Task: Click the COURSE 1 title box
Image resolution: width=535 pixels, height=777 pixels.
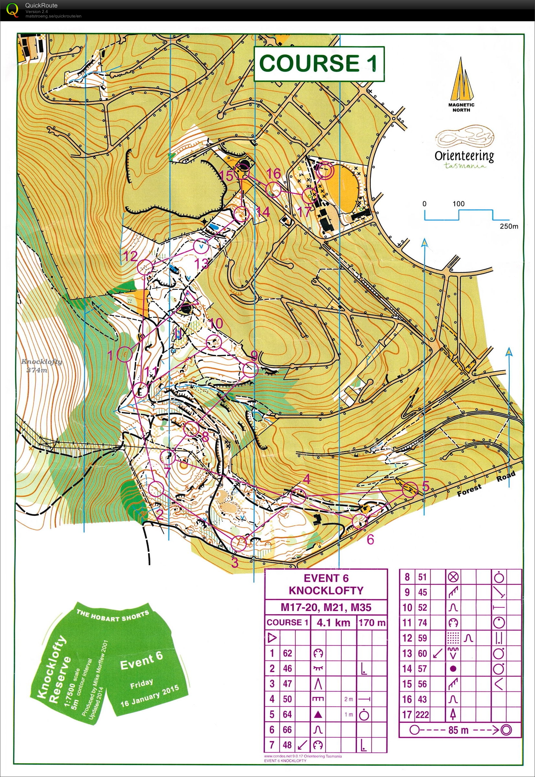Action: [x=319, y=64]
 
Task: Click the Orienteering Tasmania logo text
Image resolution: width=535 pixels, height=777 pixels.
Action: [x=464, y=156]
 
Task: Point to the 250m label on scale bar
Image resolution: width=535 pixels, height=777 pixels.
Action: [x=508, y=226]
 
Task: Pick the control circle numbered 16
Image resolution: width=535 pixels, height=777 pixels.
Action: [x=273, y=190]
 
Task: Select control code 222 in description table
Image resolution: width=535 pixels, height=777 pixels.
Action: [x=422, y=714]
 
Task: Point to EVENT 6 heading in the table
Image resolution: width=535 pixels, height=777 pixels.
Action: [x=326, y=578]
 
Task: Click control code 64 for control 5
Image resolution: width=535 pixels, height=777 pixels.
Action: [x=287, y=714]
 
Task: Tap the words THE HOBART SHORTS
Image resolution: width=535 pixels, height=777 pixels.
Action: [x=112, y=615]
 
